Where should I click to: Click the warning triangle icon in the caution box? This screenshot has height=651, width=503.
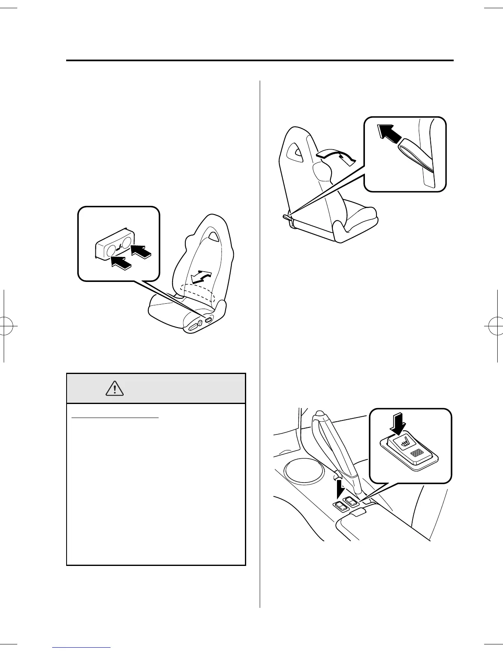click(115, 388)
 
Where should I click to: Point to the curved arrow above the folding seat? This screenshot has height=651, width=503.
click(335, 157)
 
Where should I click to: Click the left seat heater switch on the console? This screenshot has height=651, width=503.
click(340, 506)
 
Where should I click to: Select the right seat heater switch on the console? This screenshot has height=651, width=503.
click(351, 501)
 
